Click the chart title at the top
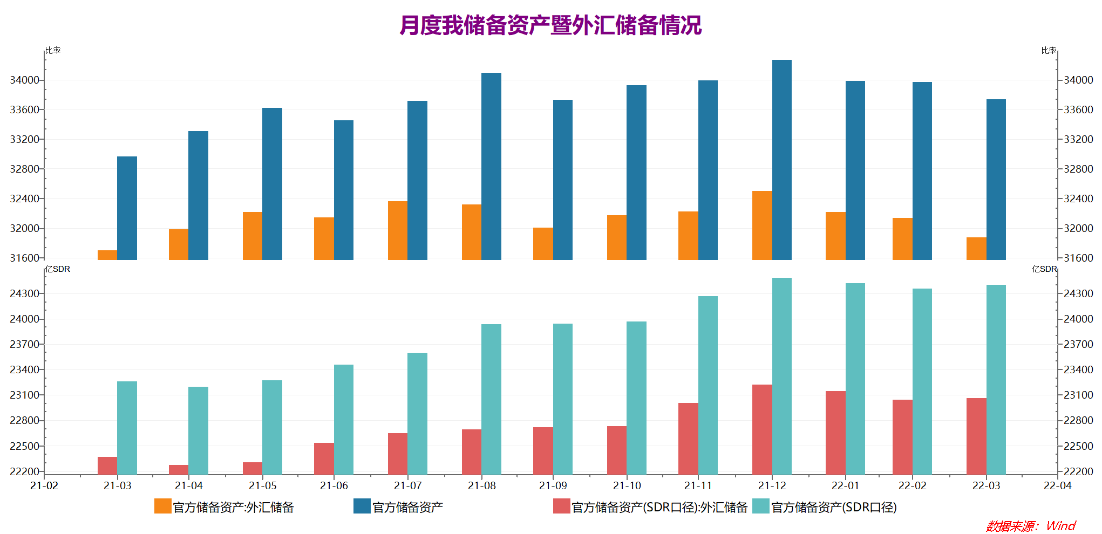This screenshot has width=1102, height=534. tap(550, 25)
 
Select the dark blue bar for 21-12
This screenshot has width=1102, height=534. tap(781, 160)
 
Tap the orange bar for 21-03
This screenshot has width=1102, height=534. tap(107, 255)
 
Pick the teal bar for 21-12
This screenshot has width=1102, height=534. tap(781, 376)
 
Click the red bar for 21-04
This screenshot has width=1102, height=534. tap(179, 469)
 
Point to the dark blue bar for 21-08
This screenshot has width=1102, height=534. tap(491, 166)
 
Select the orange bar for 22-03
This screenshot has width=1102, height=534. tap(976, 249)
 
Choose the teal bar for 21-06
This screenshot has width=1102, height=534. tap(343, 419)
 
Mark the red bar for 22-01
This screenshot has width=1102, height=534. tap(835, 433)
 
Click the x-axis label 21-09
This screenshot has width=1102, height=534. tap(553, 485)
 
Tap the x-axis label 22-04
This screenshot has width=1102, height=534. tap(1057, 485)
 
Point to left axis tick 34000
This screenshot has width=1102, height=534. tap(25, 80)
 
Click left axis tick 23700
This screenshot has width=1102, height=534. tap(25, 344)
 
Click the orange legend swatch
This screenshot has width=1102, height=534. tap(162, 506)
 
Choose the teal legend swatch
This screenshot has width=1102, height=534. tap(761, 506)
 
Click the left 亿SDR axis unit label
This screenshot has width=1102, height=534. tap(58, 269)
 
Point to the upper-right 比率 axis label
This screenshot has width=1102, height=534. tap(1049, 50)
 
